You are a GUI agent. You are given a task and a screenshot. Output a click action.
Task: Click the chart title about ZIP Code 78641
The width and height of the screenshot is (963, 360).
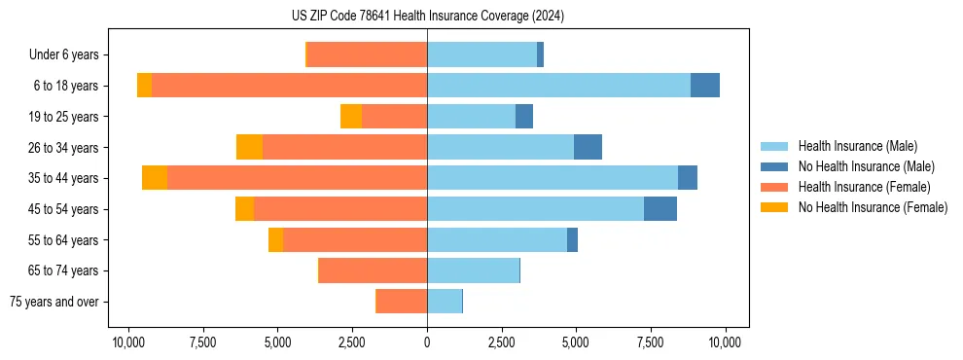pyautogui.click(x=427, y=17)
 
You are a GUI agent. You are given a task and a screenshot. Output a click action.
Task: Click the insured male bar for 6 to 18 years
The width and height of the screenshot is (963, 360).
pyautogui.click(x=558, y=86)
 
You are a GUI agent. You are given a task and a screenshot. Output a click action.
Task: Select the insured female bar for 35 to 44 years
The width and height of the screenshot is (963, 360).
pyautogui.click(x=297, y=178)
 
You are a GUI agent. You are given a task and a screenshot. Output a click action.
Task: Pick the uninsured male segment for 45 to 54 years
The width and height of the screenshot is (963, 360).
pyautogui.click(x=660, y=209)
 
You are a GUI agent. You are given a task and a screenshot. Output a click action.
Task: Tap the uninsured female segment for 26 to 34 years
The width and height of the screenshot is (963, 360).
pyautogui.click(x=249, y=147)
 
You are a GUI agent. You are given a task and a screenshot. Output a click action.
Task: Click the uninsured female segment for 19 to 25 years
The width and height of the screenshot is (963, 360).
pyautogui.click(x=351, y=117)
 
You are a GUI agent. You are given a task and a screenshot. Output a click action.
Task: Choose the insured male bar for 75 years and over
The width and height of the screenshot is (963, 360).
pyautogui.click(x=445, y=302)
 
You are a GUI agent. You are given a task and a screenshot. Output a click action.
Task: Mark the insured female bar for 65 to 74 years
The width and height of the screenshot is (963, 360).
pyautogui.click(x=374, y=270)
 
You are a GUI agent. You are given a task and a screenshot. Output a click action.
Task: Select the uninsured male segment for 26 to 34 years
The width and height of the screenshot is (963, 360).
pyautogui.click(x=588, y=147)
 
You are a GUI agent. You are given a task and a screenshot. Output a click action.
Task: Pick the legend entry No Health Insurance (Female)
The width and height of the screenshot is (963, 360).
pyautogui.click(x=873, y=207)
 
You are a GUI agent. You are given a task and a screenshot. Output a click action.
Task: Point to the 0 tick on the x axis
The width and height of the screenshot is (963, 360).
pyautogui.click(x=427, y=342)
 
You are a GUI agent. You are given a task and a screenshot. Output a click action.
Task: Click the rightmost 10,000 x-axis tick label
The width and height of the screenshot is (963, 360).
pyautogui.click(x=726, y=342)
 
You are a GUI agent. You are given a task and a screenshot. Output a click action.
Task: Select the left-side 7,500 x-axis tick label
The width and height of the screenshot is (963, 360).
pyautogui.click(x=202, y=342)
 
